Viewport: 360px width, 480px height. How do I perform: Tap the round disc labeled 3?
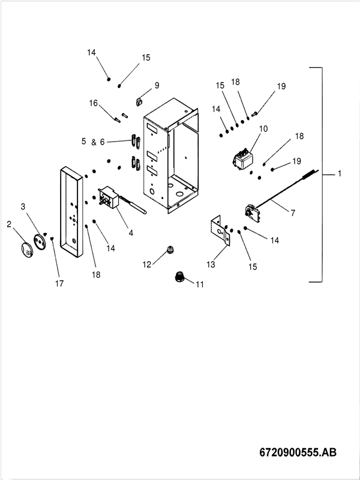tap(40, 242)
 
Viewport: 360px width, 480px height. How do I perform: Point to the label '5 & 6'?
tap(93, 142)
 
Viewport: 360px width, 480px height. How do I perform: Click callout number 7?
tap(293, 212)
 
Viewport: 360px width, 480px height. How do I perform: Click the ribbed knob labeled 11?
tap(178, 277)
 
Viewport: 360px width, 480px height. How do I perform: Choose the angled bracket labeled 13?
tap(221, 231)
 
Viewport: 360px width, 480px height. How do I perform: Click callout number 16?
tap(94, 103)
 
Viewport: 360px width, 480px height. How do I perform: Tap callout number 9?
tap(157, 86)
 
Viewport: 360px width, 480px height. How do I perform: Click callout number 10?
tap(263, 129)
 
